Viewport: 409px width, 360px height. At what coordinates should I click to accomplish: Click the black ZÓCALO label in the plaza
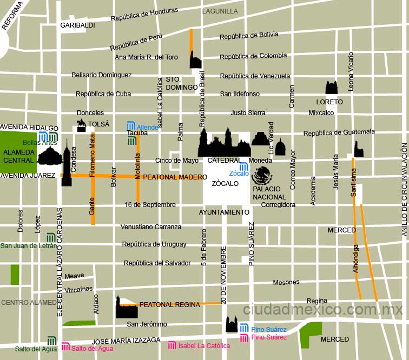point(225,184)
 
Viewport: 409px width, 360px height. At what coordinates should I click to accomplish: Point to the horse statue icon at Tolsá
point(81,126)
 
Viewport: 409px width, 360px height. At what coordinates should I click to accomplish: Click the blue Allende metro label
point(147,127)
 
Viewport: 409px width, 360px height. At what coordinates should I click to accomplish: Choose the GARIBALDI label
point(77,25)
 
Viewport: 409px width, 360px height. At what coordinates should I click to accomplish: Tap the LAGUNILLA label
point(220,11)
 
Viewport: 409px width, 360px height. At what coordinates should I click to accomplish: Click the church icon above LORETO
point(331,88)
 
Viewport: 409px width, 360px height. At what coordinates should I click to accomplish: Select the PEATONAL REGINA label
point(169,305)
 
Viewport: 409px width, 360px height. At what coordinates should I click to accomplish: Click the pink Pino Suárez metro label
point(269,338)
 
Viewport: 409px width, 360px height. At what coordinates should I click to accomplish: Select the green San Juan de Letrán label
point(28,246)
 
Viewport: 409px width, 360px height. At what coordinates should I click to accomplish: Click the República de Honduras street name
point(144,15)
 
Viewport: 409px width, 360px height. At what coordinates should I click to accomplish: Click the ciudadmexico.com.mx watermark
point(323,310)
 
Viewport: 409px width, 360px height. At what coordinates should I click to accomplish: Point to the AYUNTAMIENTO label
point(224,212)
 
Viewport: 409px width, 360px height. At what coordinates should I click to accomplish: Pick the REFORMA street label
point(13,15)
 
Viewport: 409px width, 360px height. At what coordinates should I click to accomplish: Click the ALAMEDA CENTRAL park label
point(18,156)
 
